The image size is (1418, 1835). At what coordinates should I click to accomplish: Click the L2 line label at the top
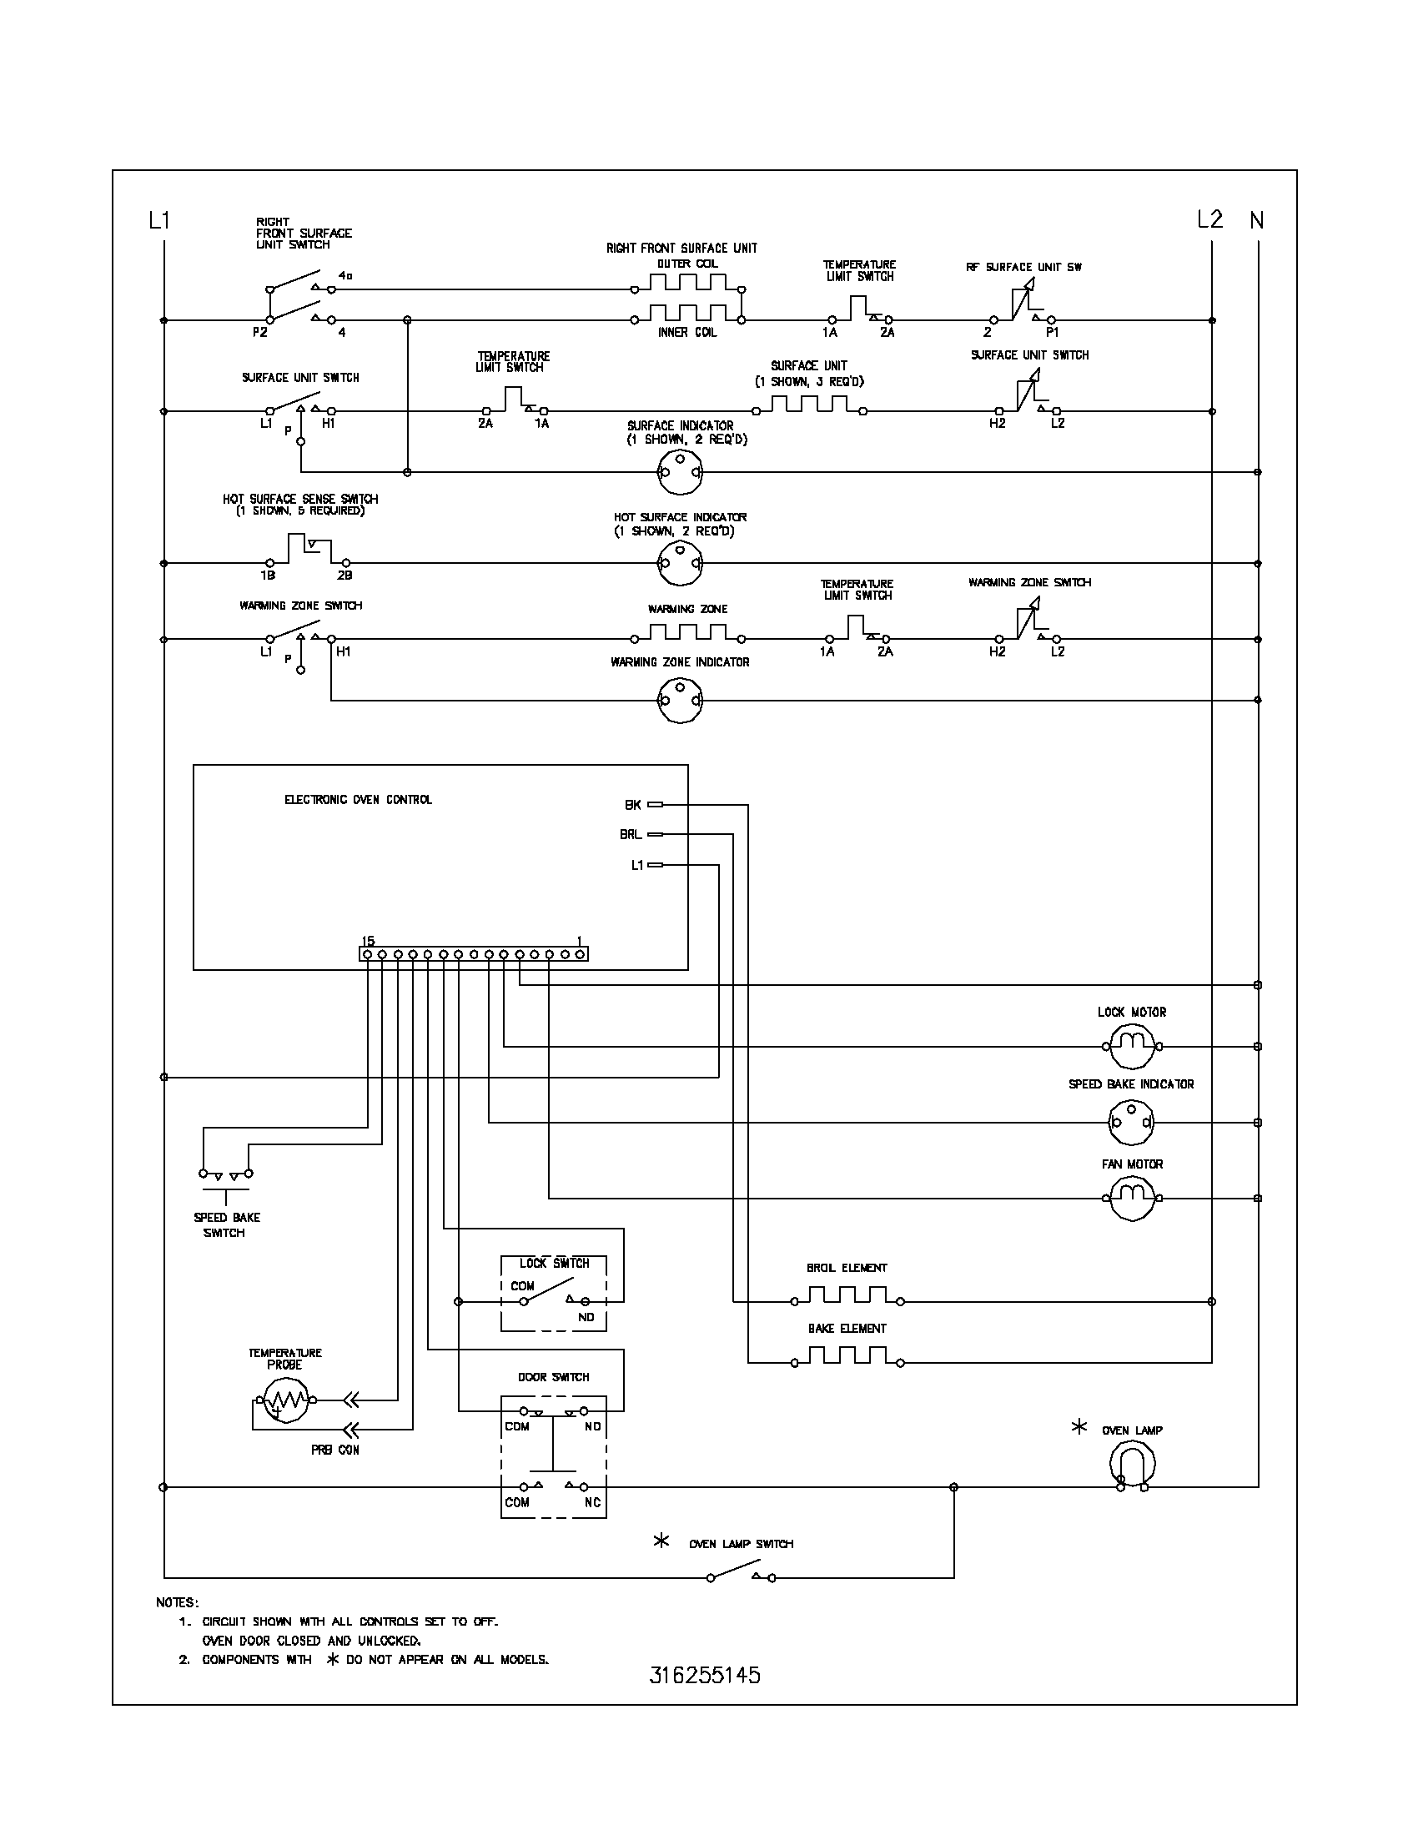1209,219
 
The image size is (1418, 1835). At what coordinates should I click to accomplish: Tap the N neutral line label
1257,220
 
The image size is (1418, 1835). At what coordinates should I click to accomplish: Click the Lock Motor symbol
1132,1046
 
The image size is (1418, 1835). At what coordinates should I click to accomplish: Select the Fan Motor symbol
1132,1198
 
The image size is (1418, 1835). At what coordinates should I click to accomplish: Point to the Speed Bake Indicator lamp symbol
1132,1123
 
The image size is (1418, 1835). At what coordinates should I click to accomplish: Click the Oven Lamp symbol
1132,1465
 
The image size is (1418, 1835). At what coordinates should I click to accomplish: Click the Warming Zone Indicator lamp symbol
679,700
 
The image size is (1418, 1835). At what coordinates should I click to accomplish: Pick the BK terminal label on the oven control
632,805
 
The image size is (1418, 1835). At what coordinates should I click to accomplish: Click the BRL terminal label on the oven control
630,834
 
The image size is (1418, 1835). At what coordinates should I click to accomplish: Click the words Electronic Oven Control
358,800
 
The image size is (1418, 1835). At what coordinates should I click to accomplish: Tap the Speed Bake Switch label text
226,1225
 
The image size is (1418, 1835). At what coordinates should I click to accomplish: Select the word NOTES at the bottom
177,1602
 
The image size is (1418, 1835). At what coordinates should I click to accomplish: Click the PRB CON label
334,1450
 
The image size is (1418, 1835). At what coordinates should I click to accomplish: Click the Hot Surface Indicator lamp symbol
679,563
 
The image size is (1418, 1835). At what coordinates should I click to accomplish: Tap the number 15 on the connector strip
368,940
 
